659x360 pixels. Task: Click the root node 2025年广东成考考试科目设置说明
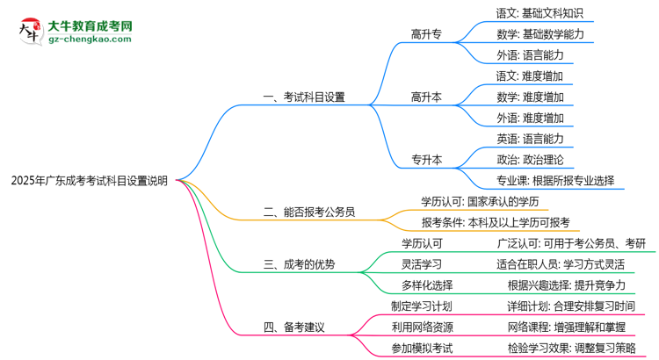click(89, 182)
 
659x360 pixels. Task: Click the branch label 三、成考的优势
click(299, 264)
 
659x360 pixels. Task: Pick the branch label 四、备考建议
click(293, 328)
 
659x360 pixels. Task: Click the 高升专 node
click(426, 34)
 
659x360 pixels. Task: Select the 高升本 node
click(426, 97)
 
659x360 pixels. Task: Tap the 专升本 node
click(426, 160)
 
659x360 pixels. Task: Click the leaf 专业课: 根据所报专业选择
click(555, 181)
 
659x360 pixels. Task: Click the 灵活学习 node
click(422, 263)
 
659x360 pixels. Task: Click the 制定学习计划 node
click(422, 306)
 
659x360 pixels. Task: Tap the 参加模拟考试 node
click(422, 348)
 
